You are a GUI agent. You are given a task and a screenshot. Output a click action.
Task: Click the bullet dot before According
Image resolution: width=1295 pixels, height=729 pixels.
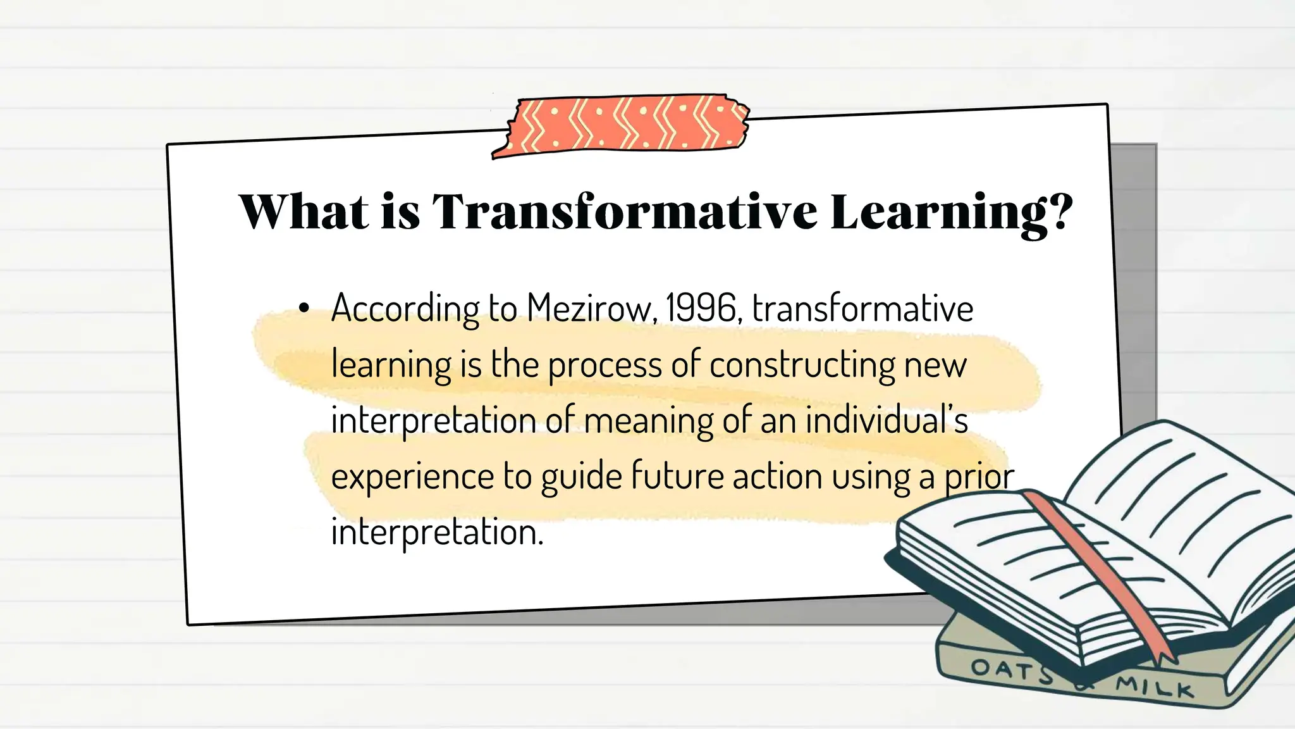click(305, 309)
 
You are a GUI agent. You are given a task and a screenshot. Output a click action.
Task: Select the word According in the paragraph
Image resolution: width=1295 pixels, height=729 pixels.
click(405, 309)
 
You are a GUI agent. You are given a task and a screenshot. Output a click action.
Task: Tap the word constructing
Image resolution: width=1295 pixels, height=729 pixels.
click(802, 365)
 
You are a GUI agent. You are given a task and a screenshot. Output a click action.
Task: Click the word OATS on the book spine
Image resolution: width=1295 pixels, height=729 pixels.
click(1011, 670)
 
